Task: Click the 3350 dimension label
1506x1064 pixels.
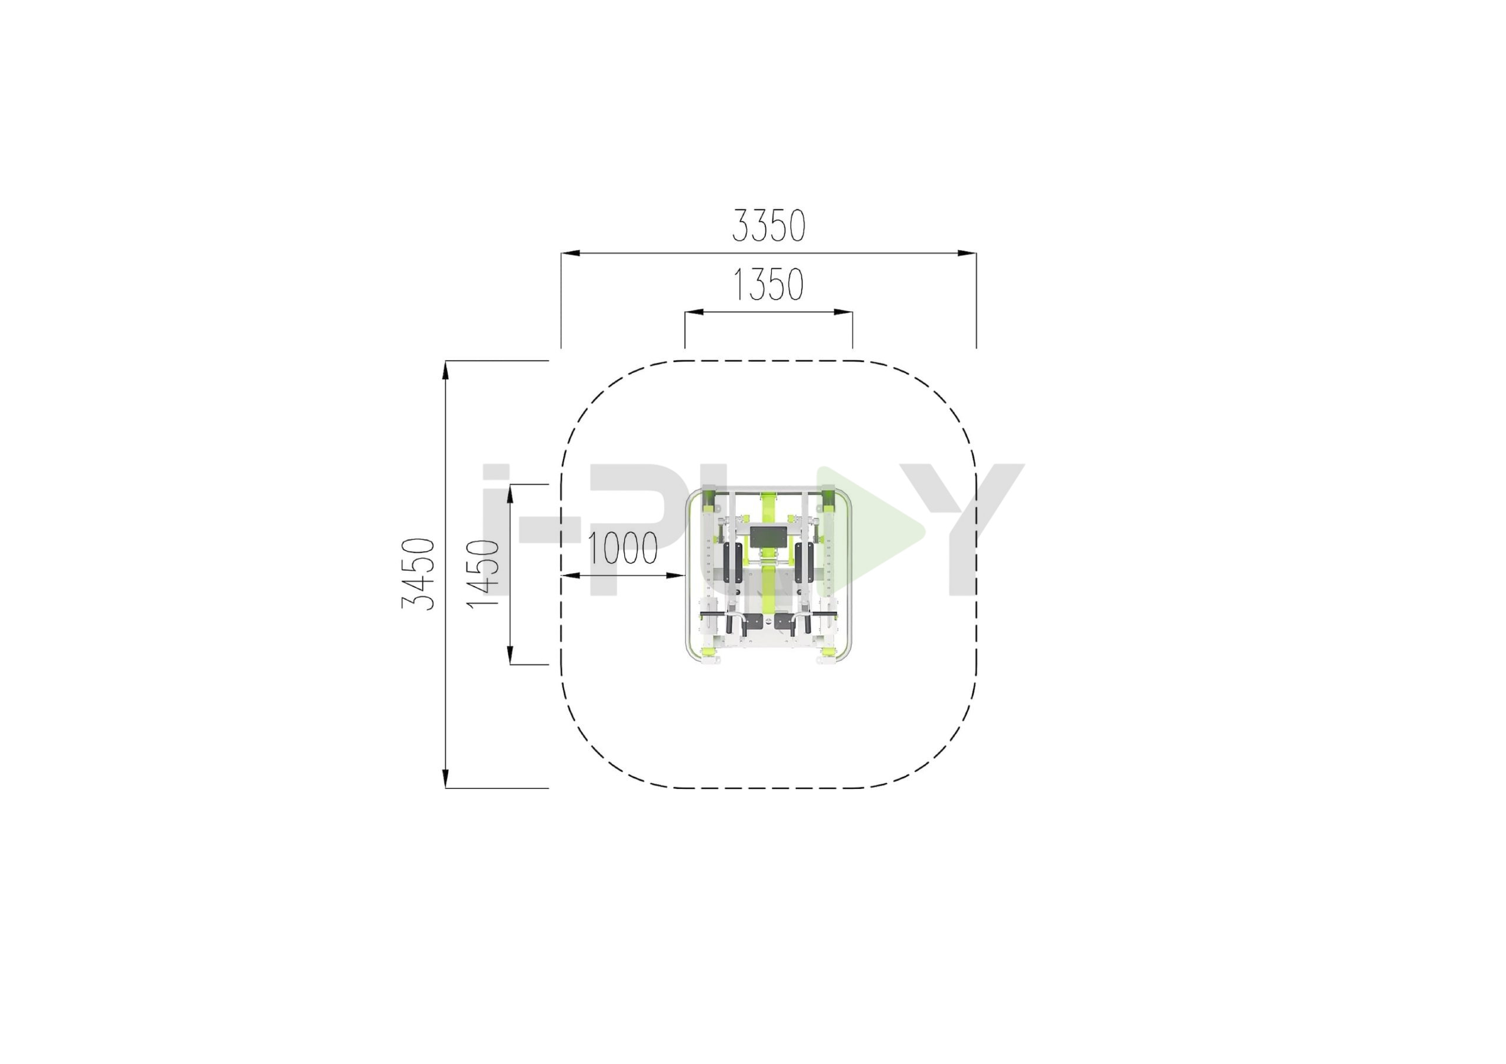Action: coord(768,226)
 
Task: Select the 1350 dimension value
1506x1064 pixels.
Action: coord(768,285)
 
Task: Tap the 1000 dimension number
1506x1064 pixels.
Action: coord(622,548)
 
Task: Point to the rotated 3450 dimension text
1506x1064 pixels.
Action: coord(418,574)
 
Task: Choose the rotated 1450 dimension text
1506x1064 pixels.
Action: coord(483,574)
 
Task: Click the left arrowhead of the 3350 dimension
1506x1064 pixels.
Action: coord(570,252)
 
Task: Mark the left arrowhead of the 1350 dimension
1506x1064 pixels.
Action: coord(694,312)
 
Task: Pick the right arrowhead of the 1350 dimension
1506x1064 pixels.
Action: coord(843,312)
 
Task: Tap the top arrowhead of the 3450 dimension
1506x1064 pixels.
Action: coord(445,370)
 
